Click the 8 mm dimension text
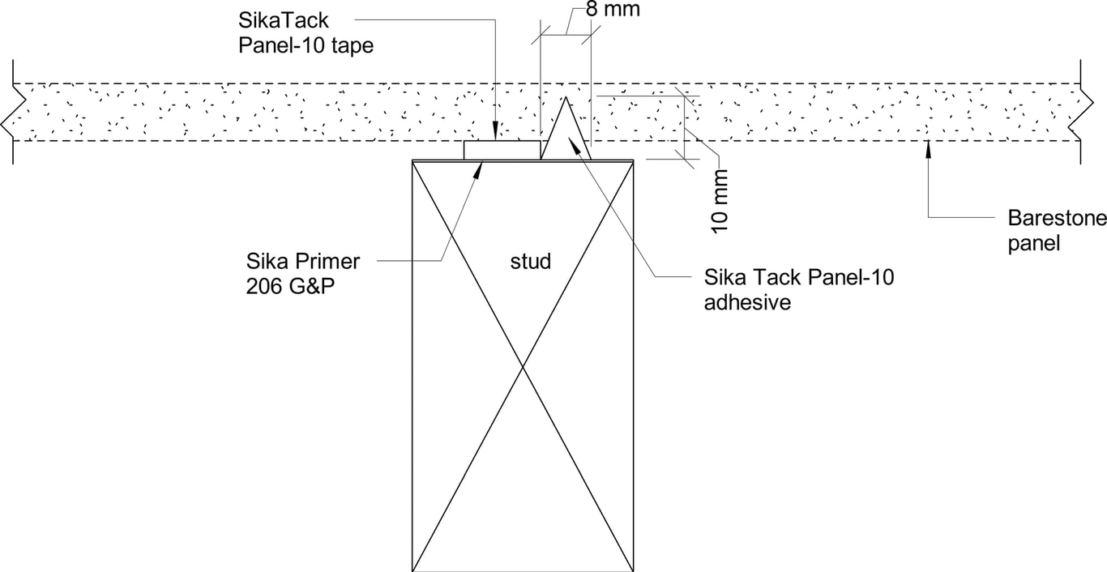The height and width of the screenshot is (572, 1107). point(612,10)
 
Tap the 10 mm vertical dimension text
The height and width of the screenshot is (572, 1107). point(720,202)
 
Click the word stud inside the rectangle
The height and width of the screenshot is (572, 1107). point(531,261)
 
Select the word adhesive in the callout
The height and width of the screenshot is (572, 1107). point(746,303)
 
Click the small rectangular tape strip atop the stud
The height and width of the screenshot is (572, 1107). point(502,150)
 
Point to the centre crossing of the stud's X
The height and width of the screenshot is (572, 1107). point(523,365)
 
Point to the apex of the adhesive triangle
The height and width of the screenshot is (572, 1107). point(566,98)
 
